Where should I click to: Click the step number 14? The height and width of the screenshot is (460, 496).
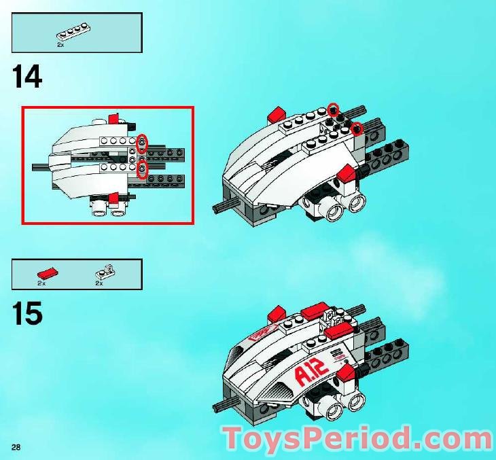pyautogui.click(x=27, y=76)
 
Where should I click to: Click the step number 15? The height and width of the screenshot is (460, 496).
pyautogui.click(x=27, y=314)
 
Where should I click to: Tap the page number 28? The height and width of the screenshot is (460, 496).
pyautogui.click(x=16, y=446)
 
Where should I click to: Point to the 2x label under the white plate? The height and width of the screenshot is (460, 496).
pyautogui.click(x=60, y=45)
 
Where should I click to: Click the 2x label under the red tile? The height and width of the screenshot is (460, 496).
pyautogui.click(x=41, y=283)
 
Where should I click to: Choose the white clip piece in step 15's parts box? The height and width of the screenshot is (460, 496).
pyautogui.click(x=106, y=270)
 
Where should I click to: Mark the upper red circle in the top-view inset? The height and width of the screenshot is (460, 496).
pyautogui.click(x=142, y=143)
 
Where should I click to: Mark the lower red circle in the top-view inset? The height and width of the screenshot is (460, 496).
pyautogui.click(x=142, y=170)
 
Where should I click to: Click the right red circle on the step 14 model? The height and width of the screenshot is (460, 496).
pyautogui.click(x=357, y=128)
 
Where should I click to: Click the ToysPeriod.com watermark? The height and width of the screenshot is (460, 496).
pyautogui.click(x=359, y=438)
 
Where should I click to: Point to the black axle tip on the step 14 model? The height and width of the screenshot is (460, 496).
pyautogui.click(x=222, y=207)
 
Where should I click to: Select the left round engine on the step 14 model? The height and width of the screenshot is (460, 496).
pyautogui.click(x=335, y=213)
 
